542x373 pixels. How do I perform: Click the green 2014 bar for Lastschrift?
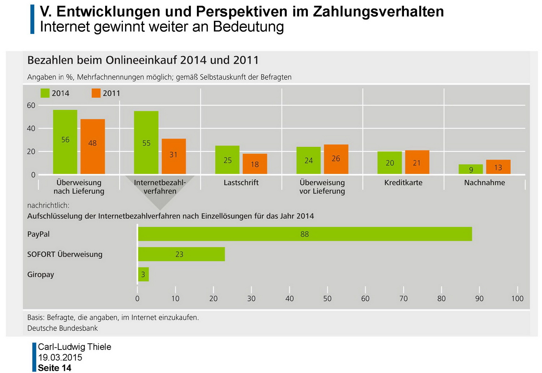pos(227,160)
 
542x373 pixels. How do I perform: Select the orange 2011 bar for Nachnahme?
pos(498,167)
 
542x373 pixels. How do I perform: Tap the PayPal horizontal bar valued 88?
pos(305,234)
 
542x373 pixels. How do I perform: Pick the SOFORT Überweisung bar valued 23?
pos(181,254)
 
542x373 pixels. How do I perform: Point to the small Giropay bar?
pos(143,274)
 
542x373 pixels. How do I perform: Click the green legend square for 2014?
pos(45,93)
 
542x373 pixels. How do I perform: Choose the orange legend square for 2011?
pos(96,93)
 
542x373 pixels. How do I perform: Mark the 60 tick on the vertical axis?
pos(31,106)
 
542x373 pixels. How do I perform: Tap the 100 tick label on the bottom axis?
pos(517,299)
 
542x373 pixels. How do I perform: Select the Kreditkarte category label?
pos(403,183)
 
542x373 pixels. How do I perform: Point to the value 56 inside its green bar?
pos(65,140)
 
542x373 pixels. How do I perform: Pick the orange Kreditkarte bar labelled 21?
pos(417,162)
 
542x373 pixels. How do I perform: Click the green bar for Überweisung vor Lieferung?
pos(308,160)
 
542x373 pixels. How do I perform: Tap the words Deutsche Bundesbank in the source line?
pos(63,328)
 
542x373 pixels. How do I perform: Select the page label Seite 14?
pos(55,368)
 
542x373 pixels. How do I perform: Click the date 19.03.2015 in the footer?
pos(60,357)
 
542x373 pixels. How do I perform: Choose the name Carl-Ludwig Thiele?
pos(74,347)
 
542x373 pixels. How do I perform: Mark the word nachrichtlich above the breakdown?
pos(48,205)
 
